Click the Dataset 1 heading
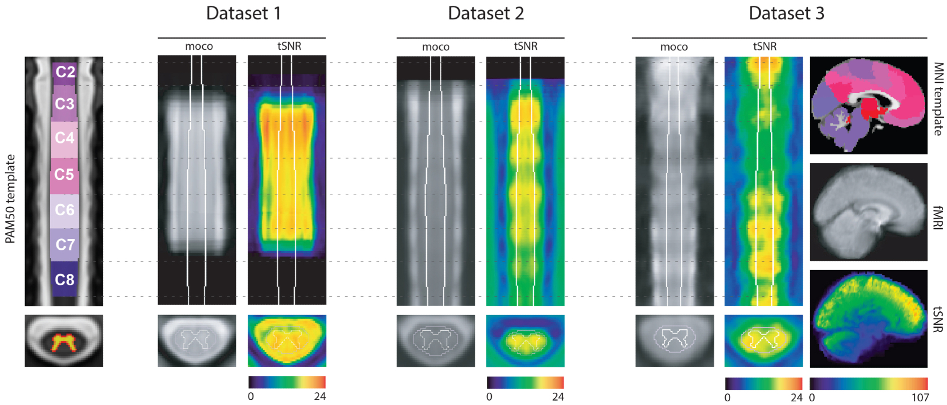(243, 13)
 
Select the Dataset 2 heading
(486, 13)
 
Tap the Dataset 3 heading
(786, 13)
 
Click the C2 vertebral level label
(65, 72)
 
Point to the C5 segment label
(64, 175)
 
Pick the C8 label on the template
(64, 280)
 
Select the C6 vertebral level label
(64, 210)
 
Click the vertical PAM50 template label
(10, 199)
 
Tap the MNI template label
(938, 99)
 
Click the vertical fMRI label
(938, 218)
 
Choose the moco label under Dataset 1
(199, 46)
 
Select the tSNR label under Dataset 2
(526, 46)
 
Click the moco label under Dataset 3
(674, 47)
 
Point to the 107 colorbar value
(920, 397)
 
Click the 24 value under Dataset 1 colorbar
(320, 396)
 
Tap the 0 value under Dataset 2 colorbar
(489, 396)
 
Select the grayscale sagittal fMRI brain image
(868, 212)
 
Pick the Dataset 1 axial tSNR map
(287, 341)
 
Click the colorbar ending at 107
(868, 383)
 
